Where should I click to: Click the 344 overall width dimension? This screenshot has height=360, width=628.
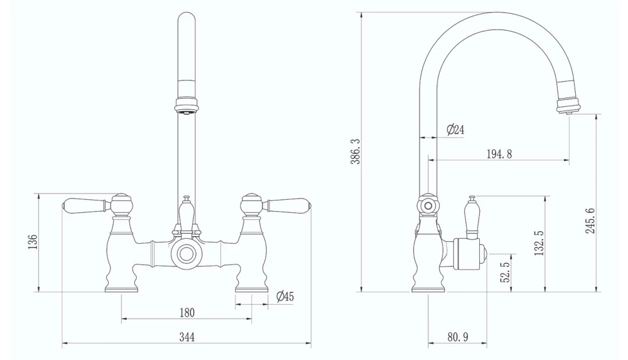(187, 337)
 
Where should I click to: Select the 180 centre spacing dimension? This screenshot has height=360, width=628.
(187, 312)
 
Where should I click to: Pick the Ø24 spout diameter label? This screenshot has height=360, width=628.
(455, 130)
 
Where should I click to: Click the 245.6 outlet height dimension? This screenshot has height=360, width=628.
(590, 221)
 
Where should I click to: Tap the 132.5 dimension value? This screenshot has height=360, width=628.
(538, 243)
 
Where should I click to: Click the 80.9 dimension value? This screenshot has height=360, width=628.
(457, 337)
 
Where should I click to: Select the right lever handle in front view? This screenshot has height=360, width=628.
(286, 205)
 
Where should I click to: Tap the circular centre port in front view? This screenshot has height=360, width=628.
(186, 254)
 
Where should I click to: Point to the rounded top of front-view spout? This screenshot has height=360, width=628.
(187, 19)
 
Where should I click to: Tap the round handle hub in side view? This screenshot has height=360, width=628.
(428, 205)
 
